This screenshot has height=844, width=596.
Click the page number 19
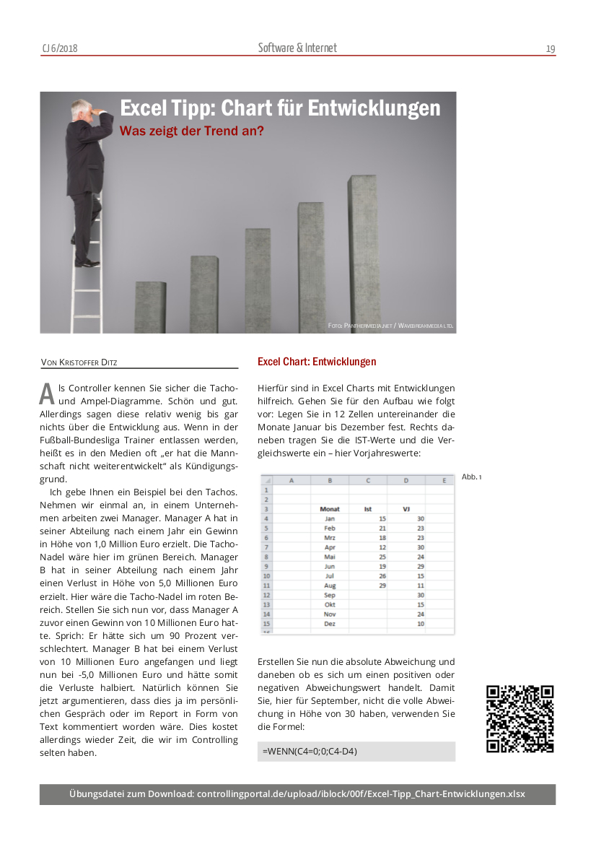point(551,49)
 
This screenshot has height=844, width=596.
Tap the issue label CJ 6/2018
point(59,49)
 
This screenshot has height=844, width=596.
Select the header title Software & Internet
point(297,48)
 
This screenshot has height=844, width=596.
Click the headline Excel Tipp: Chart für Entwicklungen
point(280,108)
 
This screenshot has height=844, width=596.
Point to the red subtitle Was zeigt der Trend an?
point(191,131)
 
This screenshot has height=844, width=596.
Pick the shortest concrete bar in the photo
point(150,306)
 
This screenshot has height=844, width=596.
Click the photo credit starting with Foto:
point(390,326)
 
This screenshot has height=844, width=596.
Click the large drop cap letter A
point(47,393)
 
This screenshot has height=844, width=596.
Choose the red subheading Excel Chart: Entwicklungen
point(317,362)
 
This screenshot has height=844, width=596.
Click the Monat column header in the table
point(329,509)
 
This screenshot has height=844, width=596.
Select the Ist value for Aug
point(382,566)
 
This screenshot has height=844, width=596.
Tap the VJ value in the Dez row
point(420,623)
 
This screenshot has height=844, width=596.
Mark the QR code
point(520,719)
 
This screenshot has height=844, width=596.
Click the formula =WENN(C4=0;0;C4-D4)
point(310,752)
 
